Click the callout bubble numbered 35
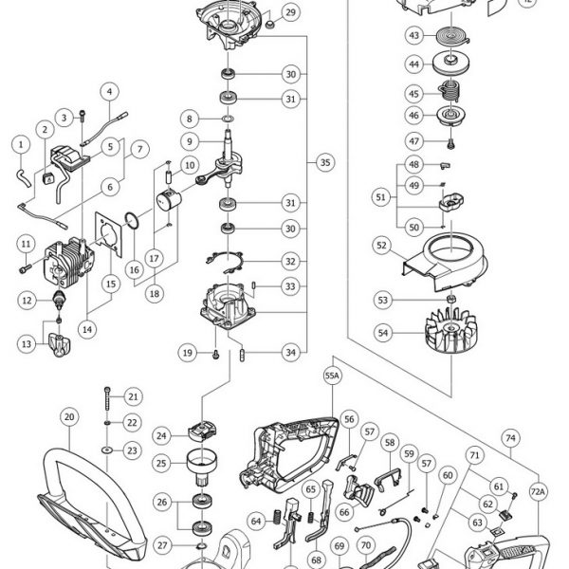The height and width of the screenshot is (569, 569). [325, 162]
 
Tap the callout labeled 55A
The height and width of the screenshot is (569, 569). [333, 376]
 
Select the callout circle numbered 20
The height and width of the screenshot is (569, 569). [69, 417]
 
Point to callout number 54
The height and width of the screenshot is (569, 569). [383, 333]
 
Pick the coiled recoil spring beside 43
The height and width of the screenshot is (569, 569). [452, 37]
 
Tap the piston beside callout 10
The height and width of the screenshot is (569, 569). [169, 200]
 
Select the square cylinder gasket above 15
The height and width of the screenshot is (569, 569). [108, 235]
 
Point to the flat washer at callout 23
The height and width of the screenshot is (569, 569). [107, 450]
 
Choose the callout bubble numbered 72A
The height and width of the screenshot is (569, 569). [538, 492]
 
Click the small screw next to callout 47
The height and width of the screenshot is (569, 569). [451, 144]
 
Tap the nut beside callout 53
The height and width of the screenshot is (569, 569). [451, 300]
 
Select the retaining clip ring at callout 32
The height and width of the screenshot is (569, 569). [225, 262]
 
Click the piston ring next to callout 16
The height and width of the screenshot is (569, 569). [132, 221]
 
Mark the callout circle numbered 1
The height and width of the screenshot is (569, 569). [21, 144]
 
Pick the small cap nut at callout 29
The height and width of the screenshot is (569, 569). [269, 25]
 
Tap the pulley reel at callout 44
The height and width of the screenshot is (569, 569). [451, 64]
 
